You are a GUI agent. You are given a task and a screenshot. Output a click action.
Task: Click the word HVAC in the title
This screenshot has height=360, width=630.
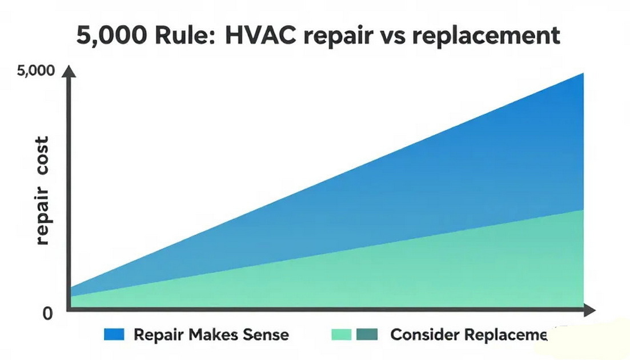pyautogui.click(x=262, y=35)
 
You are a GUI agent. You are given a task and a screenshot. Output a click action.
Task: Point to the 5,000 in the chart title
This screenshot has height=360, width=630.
pyautogui.click(x=106, y=35)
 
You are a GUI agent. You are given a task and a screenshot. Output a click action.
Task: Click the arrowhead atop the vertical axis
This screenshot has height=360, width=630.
pyautogui.click(x=69, y=71)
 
